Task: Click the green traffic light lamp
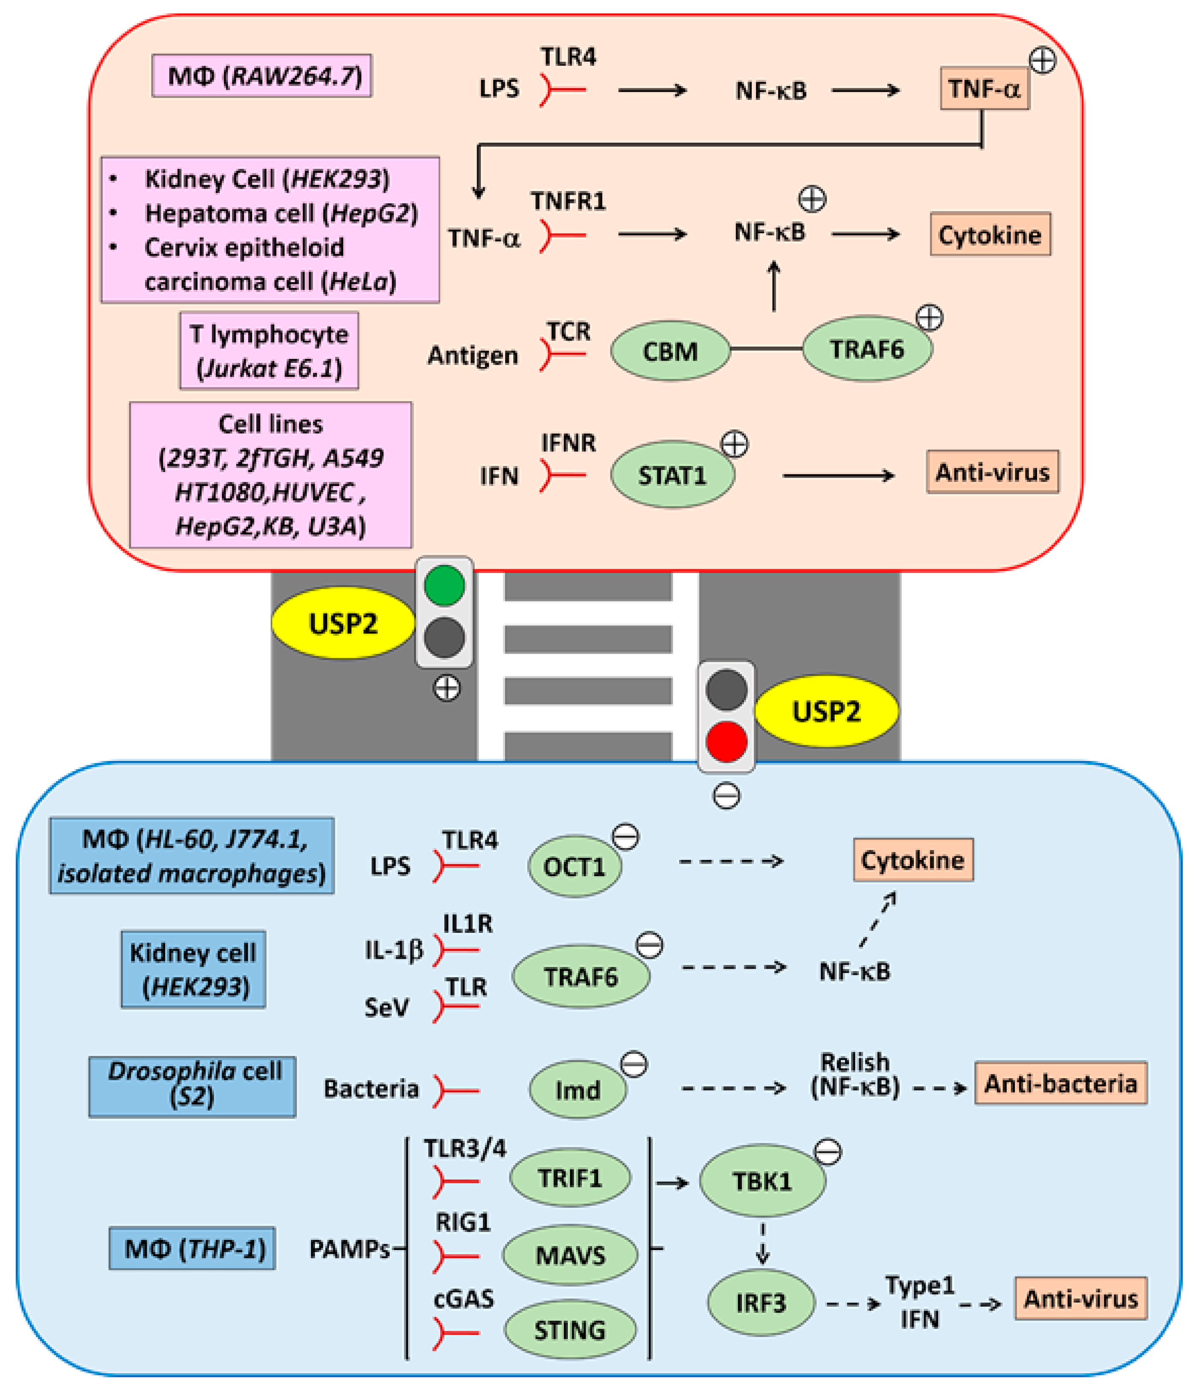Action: coord(444,585)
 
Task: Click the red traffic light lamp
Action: coord(726,741)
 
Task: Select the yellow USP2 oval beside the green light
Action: coord(343,623)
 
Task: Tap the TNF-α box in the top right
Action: coord(984,89)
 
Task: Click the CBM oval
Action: coord(670,350)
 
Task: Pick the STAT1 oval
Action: coord(672,475)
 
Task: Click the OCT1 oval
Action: coord(575,866)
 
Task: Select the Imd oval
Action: coord(577,1090)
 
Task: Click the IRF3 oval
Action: coord(761,1302)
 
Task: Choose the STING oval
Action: coord(569,1329)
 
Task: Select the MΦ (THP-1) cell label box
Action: coord(192,1248)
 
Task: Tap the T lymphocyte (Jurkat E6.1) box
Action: coord(269,350)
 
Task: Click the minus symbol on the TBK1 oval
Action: coord(828,1152)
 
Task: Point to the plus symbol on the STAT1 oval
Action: coord(734,444)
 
